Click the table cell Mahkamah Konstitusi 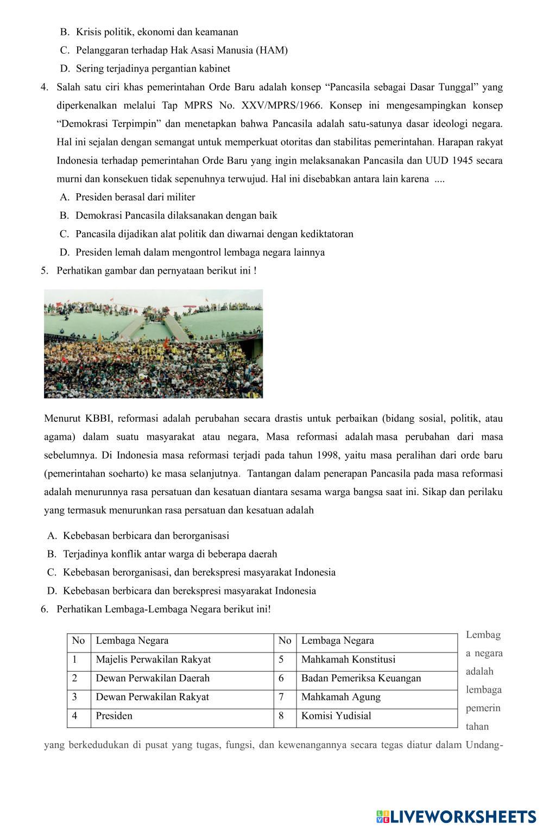pos(348,660)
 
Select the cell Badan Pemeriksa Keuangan pos(361,678)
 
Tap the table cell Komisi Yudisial pos(336,715)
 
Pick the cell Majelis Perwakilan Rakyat pos(153,660)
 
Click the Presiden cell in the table pos(114,715)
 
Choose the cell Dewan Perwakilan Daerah pos(153,678)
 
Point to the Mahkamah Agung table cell pos(340,697)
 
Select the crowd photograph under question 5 pos(153,344)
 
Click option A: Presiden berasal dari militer pos(135,197)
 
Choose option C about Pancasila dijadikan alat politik pos(214,234)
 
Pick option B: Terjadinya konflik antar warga pos(169,554)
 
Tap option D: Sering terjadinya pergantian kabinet pos(153,68)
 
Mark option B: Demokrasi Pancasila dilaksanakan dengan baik pos(176,216)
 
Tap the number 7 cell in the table pos(281,697)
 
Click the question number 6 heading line pos(163,609)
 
